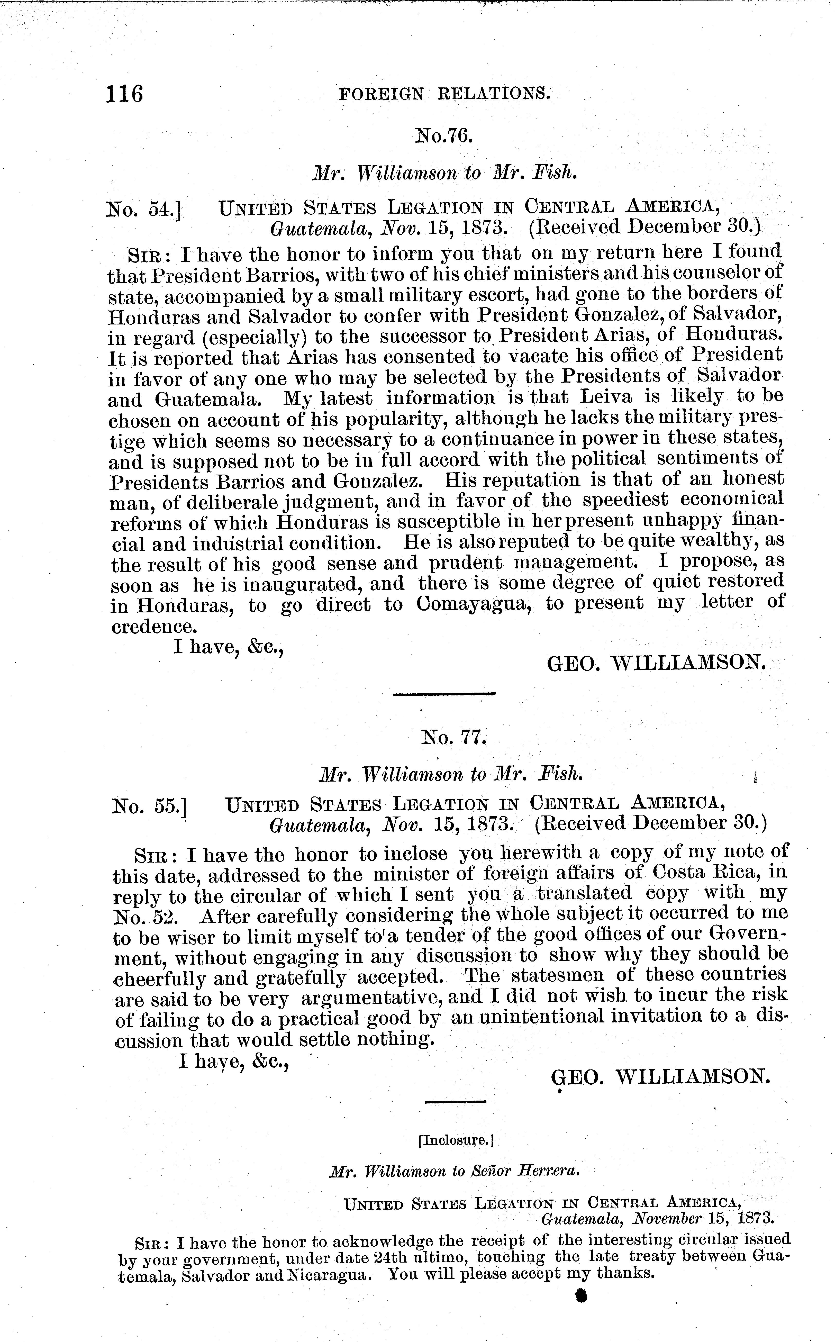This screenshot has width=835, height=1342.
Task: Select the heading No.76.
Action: [x=444, y=135]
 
